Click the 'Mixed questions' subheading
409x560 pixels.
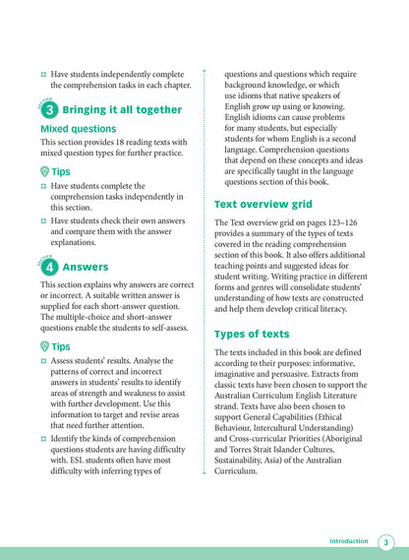point(79,129)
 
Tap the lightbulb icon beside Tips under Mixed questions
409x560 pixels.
point(45,169)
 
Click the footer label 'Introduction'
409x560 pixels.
point(348,541)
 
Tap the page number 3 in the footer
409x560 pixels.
point(386,541)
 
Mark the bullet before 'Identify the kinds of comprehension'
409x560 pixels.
point(44,442)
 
